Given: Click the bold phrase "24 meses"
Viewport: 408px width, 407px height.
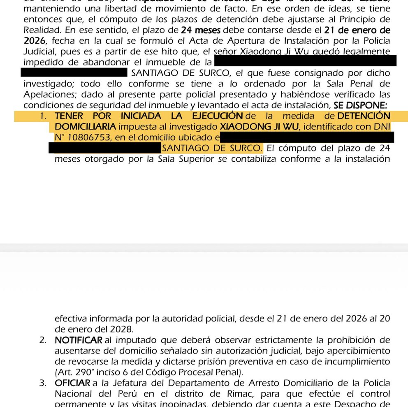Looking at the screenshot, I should (201, 30).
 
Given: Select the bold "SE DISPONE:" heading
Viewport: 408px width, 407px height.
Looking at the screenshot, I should (360, 105).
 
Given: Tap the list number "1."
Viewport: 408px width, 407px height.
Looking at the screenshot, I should (44, 116).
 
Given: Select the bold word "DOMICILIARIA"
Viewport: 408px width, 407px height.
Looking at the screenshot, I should (85, 126).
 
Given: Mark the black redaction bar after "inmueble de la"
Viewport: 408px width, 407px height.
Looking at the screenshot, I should (305, 62).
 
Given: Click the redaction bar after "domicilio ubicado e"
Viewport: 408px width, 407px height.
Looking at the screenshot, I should (307, 137).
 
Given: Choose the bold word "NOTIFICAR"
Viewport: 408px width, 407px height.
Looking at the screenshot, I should (78, 340).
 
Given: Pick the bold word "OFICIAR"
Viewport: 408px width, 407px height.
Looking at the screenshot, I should (72, 383).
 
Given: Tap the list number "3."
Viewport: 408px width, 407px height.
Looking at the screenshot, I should (44, 383).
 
